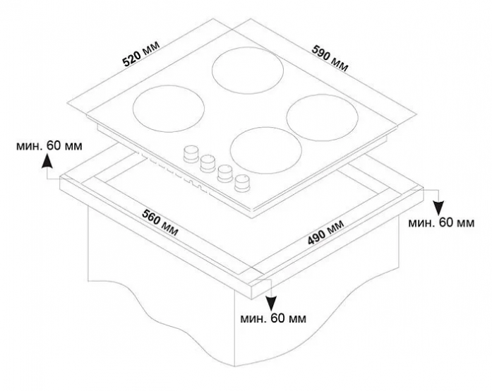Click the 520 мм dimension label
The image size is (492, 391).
141,54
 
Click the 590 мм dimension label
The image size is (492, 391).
330,59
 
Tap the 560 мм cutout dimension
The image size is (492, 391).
160,222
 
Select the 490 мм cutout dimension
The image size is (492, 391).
325,232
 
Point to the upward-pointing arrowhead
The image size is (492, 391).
47,161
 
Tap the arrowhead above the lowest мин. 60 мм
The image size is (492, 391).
271,303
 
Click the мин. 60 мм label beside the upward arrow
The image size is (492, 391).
49,146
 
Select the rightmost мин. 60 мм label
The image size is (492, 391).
441,223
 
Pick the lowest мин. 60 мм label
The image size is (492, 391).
273,318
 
